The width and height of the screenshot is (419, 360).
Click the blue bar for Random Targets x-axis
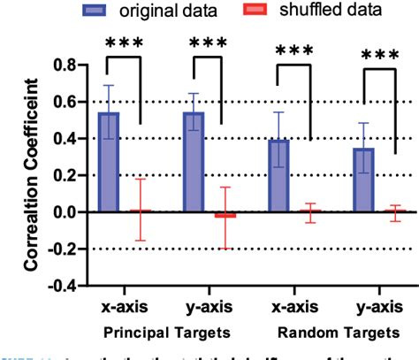(x=279, y=176)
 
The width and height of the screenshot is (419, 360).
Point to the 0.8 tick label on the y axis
(x=62, y=65)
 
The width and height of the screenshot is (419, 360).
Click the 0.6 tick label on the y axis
(x=62, y=102)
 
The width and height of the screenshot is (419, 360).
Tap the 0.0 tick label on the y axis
(x=62, y=212)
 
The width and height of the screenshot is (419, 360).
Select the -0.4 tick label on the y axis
(x=58, y=287)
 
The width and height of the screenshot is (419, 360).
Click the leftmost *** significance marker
(x=122, y=43)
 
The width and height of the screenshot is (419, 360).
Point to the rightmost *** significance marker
(x=380, y=57)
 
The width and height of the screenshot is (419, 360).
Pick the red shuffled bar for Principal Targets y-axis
(x=225, y=215)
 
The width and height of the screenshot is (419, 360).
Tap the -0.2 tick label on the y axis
(x=58, y=249)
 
